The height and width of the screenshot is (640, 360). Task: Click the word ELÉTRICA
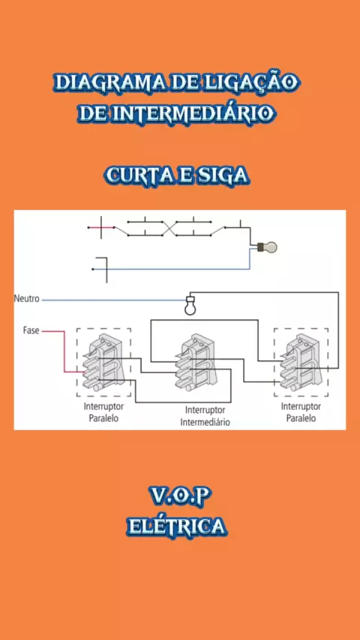point(176,526)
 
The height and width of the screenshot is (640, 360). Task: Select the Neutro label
point(26,299)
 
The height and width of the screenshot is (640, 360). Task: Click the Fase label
point(31,330)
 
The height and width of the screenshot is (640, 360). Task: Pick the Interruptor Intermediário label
point(205,416)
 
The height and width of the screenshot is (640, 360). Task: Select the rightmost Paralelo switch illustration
point(301,362)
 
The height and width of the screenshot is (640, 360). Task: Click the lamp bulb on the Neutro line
point(189,305)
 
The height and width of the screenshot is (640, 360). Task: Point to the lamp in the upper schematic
point(267,247)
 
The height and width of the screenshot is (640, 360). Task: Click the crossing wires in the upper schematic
point(169,229)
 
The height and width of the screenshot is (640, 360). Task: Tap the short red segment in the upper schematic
point(95,227)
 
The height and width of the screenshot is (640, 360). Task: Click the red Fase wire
point(64,351)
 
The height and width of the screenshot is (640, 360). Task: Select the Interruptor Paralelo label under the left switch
point(103,413)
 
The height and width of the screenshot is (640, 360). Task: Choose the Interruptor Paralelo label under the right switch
point(301,413)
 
